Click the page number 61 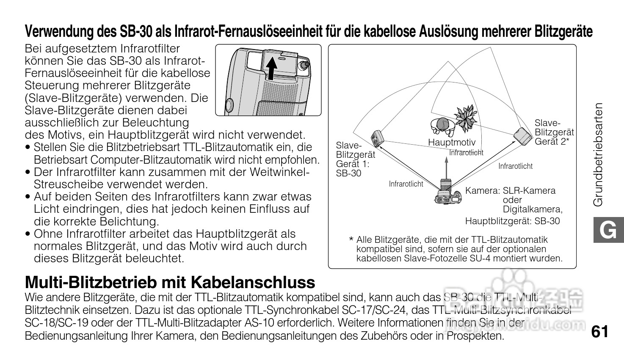coord(600,331)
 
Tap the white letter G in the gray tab coord(608,231)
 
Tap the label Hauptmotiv coord(452,143)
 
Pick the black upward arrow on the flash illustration coord(273,68)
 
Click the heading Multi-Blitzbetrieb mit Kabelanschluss coord(170,282)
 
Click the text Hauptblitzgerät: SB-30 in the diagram coord(512,221)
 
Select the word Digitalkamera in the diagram coord(533,209)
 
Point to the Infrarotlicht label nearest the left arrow coord(406,184)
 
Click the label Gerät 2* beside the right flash coord(552,142)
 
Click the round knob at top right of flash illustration coord(304,65)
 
